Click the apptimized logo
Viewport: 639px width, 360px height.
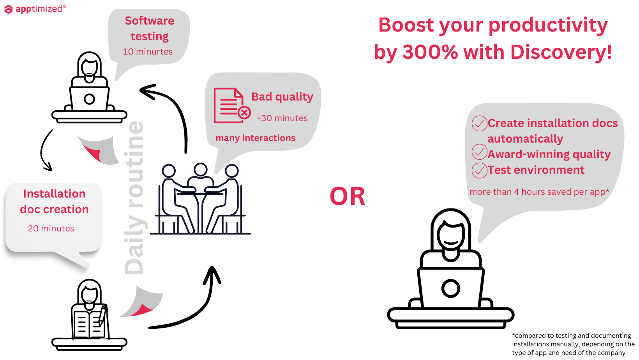35,9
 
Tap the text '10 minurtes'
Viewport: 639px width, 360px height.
148,51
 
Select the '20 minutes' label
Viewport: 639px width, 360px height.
51,228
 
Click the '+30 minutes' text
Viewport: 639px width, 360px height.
282,118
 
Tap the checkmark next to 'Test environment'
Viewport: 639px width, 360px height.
479,170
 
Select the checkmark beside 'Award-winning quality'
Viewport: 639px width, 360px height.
479,152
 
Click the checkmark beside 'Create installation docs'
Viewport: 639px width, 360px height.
479,123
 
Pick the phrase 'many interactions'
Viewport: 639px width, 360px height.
256,138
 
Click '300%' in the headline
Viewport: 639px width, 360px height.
430,52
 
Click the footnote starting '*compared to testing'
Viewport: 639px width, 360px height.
573,344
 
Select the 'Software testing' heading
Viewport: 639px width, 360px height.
150,28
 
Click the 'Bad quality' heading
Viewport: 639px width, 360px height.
282,97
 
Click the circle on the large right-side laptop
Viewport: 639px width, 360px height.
451,288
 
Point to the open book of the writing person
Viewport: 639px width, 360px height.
89,324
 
